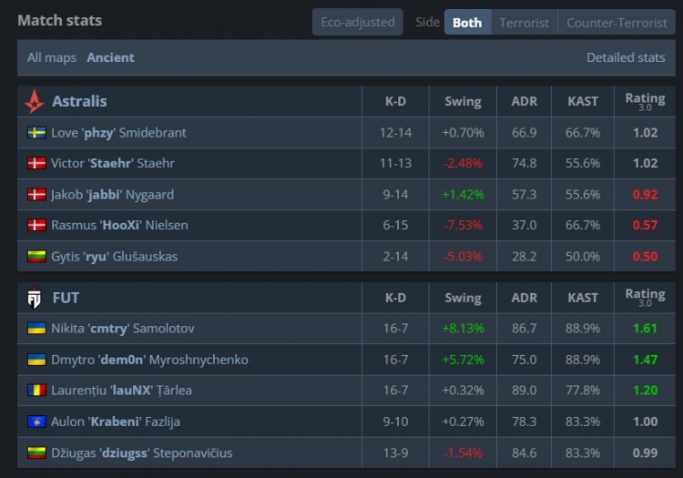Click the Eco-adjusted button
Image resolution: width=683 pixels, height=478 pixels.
pos(357,22)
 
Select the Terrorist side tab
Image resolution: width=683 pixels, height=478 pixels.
pos(524,22)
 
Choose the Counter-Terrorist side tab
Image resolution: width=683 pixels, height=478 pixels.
pos(617,22)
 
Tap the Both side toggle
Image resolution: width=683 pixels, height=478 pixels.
pos(467,22)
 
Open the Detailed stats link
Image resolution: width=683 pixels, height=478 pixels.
pos(626,57)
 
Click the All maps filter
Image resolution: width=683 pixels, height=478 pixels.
pos(52,57)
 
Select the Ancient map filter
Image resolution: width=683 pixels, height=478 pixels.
pos(110,57)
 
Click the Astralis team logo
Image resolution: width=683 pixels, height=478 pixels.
pos(34,101)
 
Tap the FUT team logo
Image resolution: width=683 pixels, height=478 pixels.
pos(34,297)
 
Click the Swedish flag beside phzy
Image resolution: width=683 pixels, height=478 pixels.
pos(36,133)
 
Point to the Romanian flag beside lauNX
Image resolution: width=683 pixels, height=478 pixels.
pos(36,391)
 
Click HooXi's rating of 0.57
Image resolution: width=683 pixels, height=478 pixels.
pos(645,226)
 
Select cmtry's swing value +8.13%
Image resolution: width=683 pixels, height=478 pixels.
pos(463,329)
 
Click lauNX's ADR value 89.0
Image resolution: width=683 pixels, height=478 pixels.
pos(524,391)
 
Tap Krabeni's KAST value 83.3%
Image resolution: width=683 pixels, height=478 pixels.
pos(583,422)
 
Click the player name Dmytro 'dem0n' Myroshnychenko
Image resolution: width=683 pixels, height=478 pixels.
pos(149,360)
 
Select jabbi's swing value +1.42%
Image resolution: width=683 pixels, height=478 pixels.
pos(463,195)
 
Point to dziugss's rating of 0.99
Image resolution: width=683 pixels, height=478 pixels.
pos(645,453)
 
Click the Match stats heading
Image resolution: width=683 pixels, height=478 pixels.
pos(60,20)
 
